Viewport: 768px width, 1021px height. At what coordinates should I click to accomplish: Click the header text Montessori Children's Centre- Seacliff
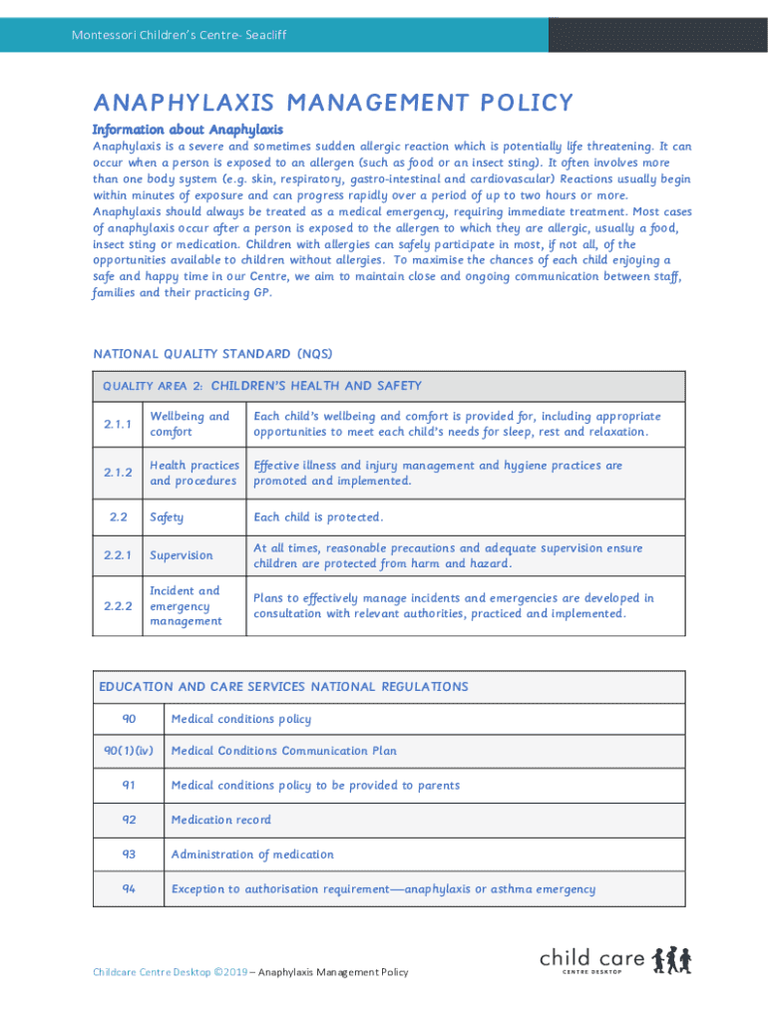(x=179, y=36)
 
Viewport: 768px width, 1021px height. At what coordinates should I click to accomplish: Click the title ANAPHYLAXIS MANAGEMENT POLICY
(x=333, y=103)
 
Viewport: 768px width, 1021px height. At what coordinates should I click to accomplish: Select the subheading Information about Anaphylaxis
(x=188, y=130)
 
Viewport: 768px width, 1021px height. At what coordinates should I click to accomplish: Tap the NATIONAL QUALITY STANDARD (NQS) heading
(x=212, y=354)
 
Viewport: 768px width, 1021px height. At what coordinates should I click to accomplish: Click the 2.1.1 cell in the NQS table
(x=118, y=425)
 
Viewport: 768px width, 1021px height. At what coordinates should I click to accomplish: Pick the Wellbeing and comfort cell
(x=190, y=425)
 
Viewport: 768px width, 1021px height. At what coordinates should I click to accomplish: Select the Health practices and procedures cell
(x=194, y=473)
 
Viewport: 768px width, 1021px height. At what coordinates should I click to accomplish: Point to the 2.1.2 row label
(x=118, y=473)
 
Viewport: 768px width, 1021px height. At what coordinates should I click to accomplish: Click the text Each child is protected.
(x=318, y=517)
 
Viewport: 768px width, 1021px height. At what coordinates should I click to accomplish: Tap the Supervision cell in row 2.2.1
(x=182, y=555)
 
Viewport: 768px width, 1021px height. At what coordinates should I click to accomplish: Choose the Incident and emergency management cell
(x=186, y=606)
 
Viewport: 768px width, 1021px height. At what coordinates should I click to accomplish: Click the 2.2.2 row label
(x=118, y=606)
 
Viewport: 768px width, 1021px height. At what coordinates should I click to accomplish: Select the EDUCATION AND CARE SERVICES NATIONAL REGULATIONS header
(x=283, y=687)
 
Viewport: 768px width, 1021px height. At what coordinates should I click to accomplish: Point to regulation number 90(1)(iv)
(x=129, y=751)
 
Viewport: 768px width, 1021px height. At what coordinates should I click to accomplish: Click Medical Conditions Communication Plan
(x=283, y=751)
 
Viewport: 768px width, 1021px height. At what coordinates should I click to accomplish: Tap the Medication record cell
(x=220, y=820)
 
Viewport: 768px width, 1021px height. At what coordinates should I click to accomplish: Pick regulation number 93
(x=129, y=854)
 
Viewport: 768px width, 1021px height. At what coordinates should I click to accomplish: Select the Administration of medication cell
(x=252, y=854)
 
